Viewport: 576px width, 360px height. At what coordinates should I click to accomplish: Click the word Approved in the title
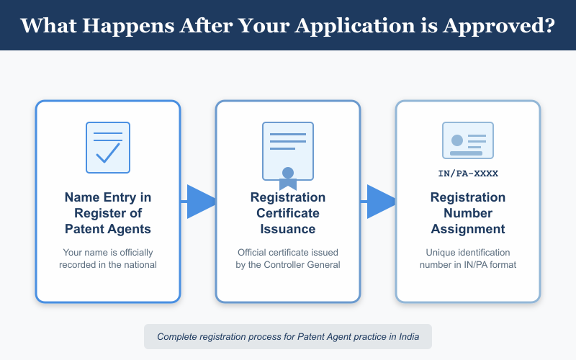504,25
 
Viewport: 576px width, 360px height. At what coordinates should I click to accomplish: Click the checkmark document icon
108,147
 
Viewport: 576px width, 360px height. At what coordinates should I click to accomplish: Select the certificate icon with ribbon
288,150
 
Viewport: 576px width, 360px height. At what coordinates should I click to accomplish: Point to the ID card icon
468,140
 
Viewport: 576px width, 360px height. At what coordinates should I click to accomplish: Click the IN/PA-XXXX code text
468,174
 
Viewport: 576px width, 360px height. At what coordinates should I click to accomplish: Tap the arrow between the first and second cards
199,201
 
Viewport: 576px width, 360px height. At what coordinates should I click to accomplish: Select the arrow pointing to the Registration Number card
379,201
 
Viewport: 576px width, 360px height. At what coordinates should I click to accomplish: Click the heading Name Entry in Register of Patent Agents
108,213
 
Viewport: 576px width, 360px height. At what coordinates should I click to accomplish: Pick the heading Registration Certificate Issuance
288,213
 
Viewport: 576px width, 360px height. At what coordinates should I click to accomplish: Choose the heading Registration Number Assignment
468,213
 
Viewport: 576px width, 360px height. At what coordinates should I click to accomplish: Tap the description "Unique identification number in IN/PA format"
468,258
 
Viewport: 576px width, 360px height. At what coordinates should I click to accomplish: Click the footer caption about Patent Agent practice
288,336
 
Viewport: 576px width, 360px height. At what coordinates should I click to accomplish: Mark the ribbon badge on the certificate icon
288,175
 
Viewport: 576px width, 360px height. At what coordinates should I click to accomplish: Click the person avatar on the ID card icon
456,140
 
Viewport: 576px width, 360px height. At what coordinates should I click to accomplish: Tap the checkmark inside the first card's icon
108,152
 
